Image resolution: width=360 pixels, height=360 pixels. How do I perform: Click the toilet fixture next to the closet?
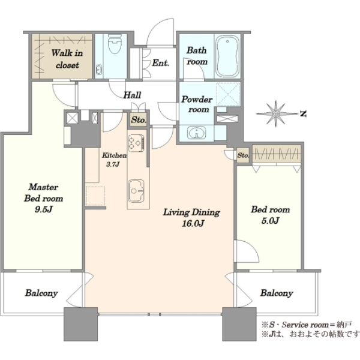point(115,44)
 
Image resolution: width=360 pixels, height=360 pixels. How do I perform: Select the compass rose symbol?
point(276,113)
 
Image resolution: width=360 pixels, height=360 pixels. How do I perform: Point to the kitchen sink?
point(136,191)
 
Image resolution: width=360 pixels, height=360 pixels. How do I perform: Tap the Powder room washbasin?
point(197,133)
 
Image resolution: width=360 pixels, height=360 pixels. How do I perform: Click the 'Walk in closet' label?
point(67,59)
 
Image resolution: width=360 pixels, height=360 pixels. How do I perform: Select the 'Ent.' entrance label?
point(161,62)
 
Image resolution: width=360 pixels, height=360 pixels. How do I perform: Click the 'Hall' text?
point(132,95)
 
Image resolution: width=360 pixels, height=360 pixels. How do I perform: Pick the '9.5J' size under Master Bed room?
point(44,209)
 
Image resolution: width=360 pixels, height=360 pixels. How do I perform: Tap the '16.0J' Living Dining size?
point(193,223)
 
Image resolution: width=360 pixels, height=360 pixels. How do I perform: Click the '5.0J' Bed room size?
point(270,221)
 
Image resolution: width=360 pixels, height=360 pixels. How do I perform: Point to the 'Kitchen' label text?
point(114,155)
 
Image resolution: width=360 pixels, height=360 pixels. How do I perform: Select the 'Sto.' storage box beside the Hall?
point(139,119)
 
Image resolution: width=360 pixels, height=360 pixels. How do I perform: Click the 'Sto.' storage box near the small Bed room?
point(243,155)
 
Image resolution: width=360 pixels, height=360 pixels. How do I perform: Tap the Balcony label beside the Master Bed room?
point(41,293)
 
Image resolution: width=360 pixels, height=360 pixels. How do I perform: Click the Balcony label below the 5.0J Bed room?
point(277,293)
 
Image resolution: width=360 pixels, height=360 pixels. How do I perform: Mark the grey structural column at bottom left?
point(80,324)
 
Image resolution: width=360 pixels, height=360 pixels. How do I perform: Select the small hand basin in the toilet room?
point(99,69)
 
